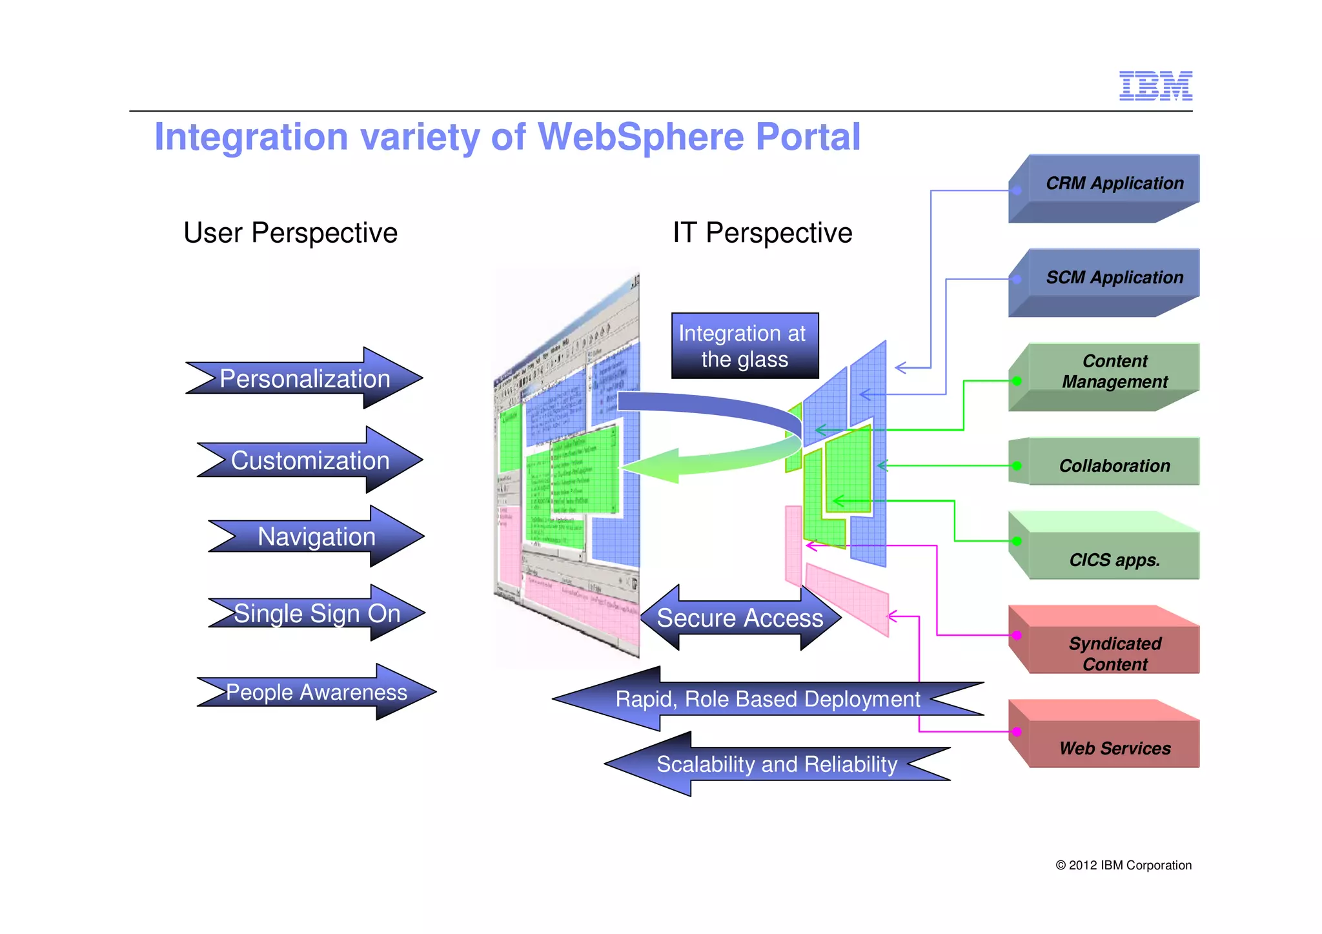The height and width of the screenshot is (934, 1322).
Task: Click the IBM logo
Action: pos(1155,86)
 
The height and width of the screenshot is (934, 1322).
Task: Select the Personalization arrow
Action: pos(305,378)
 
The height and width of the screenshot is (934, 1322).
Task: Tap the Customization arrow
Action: pos(310,460)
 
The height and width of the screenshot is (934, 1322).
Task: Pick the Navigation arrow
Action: pos(316,536)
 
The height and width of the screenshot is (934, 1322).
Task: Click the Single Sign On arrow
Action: pos(317,613)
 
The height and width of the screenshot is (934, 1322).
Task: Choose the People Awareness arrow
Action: pos(316,692)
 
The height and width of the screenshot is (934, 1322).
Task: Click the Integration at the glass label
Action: pos(744,346)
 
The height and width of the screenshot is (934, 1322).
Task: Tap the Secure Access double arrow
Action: pos(740,618)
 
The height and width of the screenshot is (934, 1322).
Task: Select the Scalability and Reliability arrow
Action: pos(777,764)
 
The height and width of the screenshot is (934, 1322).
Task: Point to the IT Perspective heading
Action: pos(762,232)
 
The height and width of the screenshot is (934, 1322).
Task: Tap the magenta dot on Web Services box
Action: pos(1017,731)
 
